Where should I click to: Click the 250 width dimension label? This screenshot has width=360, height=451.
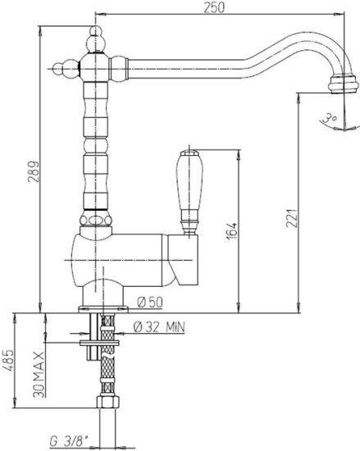tap(214, 7)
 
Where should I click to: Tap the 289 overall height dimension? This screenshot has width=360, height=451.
tap(34, 171)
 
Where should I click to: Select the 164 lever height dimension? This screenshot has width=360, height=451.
tap(232, 231)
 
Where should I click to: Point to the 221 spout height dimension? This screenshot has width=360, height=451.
tap(292, 218)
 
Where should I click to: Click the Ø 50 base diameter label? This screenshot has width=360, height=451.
tap(150, 302)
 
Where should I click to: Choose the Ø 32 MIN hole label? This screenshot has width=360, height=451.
tap(159, 326)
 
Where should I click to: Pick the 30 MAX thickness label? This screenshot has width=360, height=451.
tap(39, 374)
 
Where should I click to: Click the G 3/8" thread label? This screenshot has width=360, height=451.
tap(70, 440)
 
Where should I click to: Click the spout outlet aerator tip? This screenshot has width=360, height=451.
tap(344, 84)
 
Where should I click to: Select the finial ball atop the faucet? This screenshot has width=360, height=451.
tap(96, 39)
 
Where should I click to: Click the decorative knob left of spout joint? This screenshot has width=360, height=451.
tap(66, 69)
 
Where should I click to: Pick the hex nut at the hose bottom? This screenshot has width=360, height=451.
tap(107, 401)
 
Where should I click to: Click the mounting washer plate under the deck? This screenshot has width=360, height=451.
tap(99, 343)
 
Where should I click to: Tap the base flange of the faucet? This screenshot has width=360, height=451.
tap(103, 309)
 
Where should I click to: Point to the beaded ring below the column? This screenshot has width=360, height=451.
tap(96, 221)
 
